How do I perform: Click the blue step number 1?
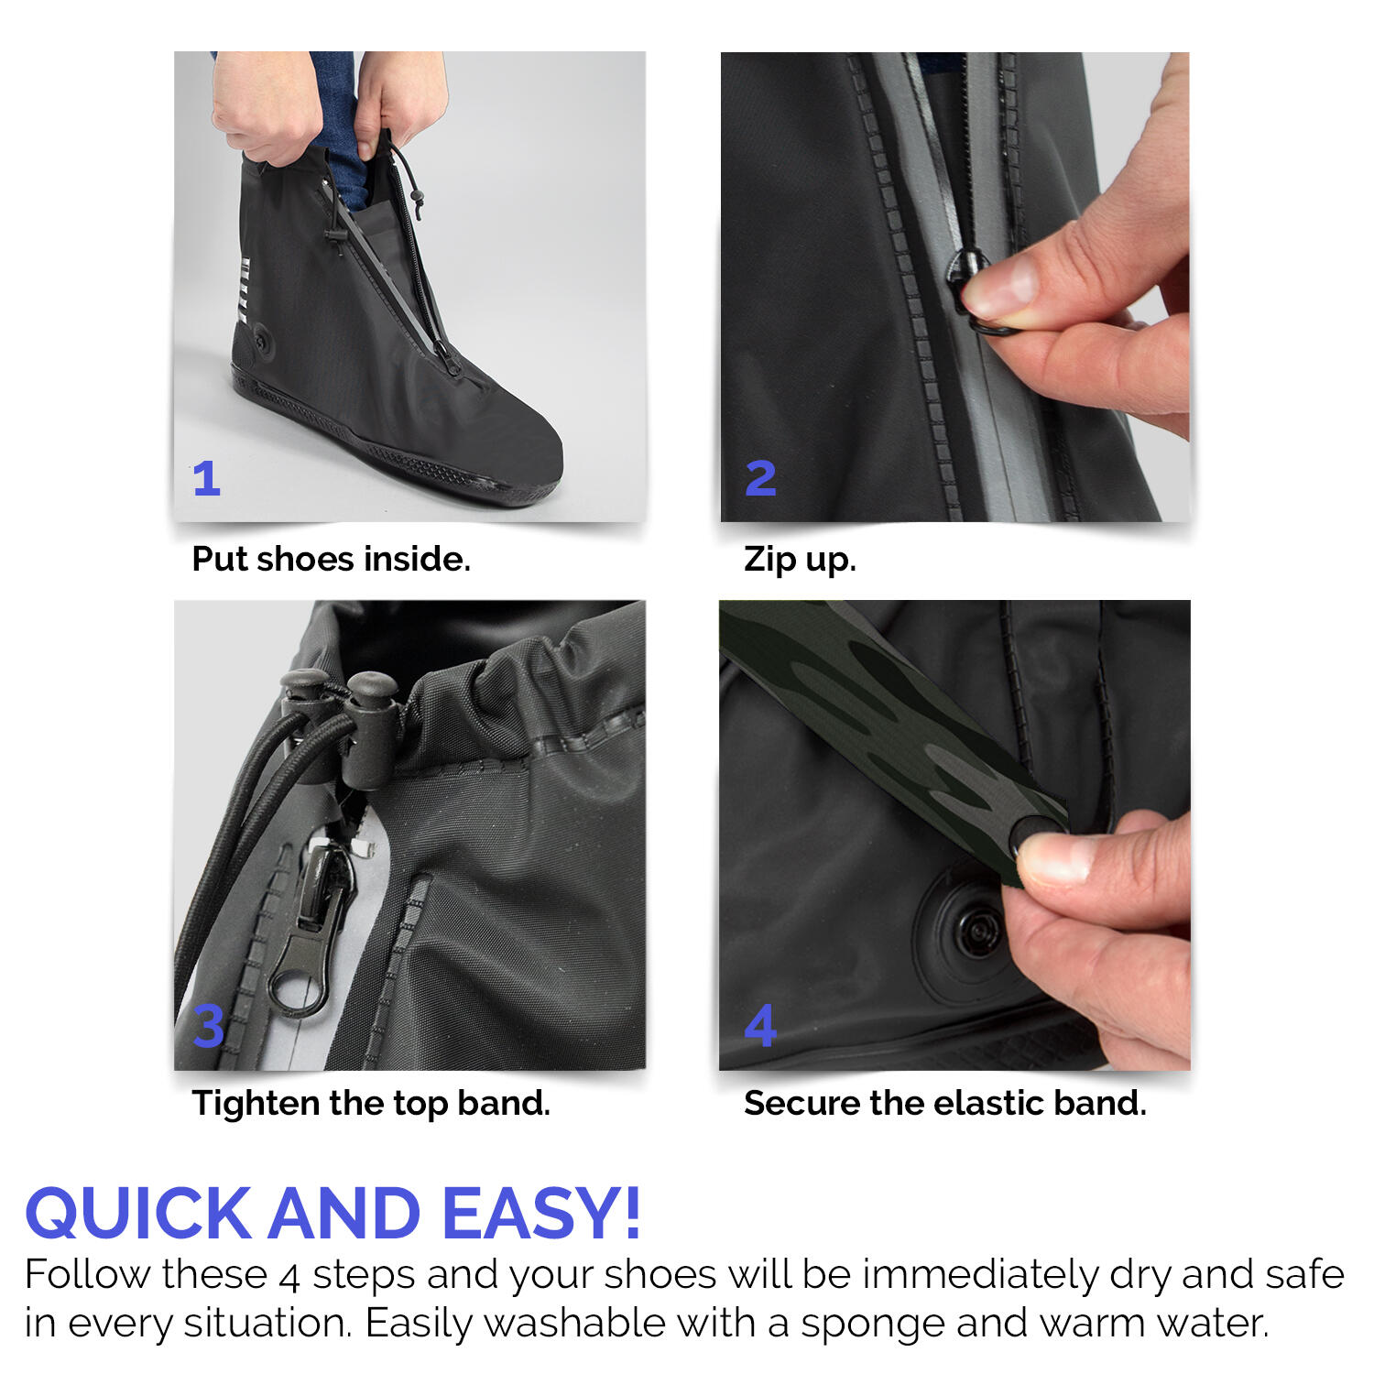[207, 478]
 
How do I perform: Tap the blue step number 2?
[760, 478]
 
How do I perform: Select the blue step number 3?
[209, 1026]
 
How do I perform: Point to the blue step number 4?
[760, 1026]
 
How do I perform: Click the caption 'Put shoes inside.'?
[331, 559]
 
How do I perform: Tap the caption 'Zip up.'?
[800, 559]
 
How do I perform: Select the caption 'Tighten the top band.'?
[371, 1103]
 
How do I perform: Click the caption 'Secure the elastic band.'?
[944, 1103]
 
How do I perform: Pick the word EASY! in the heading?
[540, 1213]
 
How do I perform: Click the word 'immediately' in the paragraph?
[980, 1275]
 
